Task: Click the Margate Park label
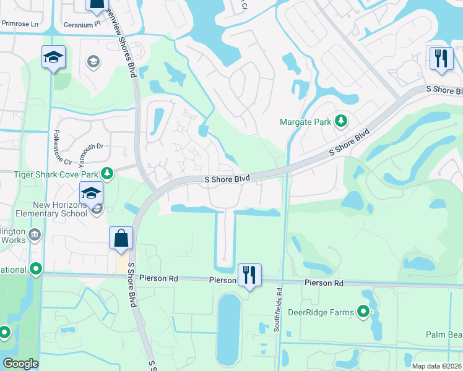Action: pyautogui.click(x=306, y=122)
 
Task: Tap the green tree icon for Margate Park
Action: pyautogui.click(x=340, y=121)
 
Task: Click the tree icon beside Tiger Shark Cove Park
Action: pyautogui.click(x=108, y=173)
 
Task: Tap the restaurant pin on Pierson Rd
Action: pyautogui.click(x=249, y=276)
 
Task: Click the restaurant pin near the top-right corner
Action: pyautogui.click(x=441, y=60)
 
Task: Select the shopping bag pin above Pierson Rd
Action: pyautogui.click(x=121, y=239)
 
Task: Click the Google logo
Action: pyautogui.click(x=20, y=364)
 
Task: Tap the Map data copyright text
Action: pyautogui.click(x=436, y=366)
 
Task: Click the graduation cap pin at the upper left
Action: pyautogui.click(x=54, y=58)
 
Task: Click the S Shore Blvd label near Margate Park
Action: pyautogui.click(x=348, y=142)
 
